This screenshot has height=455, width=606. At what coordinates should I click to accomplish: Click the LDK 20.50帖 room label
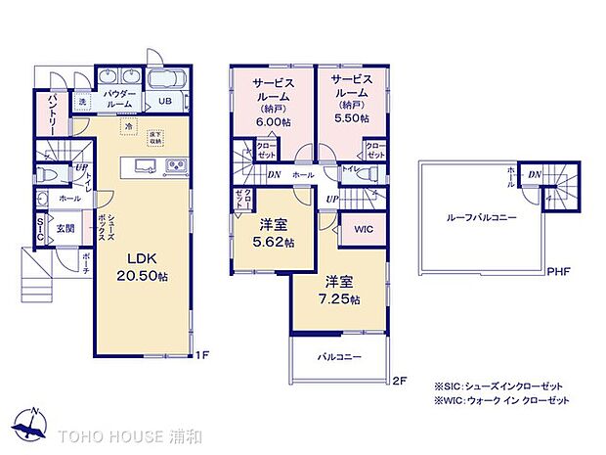[x=145, y=267]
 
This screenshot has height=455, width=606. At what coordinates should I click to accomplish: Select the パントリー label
[x=53, y=116]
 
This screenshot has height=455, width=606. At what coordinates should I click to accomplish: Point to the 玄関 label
[x=64, y=228]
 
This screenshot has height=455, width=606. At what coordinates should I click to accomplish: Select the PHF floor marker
[x=558, y=273]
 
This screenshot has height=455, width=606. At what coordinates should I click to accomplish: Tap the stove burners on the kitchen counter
[x=175, y=163]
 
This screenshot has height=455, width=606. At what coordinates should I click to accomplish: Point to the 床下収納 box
[x=154, y=138]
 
